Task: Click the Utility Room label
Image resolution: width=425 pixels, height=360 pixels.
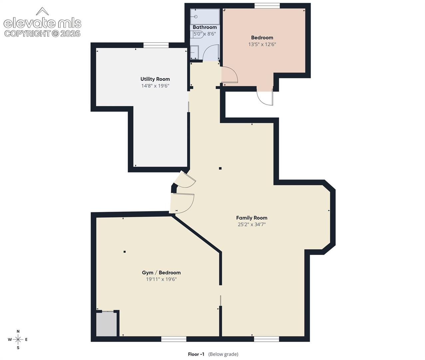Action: click(155, 79)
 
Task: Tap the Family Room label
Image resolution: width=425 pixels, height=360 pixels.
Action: click(252, 218)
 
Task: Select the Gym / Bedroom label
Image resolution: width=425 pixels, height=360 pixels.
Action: click(161, 273)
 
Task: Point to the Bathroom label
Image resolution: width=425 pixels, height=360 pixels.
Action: click(205, 27)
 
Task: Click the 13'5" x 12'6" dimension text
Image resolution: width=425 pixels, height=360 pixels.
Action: click(262, 44)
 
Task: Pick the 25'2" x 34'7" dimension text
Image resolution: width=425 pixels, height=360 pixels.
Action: click(252, 224)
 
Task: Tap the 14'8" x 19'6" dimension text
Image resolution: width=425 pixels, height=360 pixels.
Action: click(155, 86)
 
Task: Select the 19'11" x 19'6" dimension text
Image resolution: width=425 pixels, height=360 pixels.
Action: click(161, 279)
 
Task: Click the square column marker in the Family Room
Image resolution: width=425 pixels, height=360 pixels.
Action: click(220, 168)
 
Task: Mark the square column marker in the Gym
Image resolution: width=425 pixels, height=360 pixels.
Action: click(125, 252)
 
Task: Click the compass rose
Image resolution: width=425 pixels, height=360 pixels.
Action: click(18, 340)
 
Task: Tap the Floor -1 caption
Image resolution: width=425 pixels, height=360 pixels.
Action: click(196, 354)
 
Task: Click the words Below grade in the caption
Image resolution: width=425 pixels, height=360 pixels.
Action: click(223, 354)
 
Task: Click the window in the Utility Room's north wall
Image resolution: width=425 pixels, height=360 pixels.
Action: click(156, 45)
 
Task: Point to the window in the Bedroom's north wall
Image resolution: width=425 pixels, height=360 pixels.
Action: click(267, 6)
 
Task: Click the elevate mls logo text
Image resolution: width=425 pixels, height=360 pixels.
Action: click(43, 23)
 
